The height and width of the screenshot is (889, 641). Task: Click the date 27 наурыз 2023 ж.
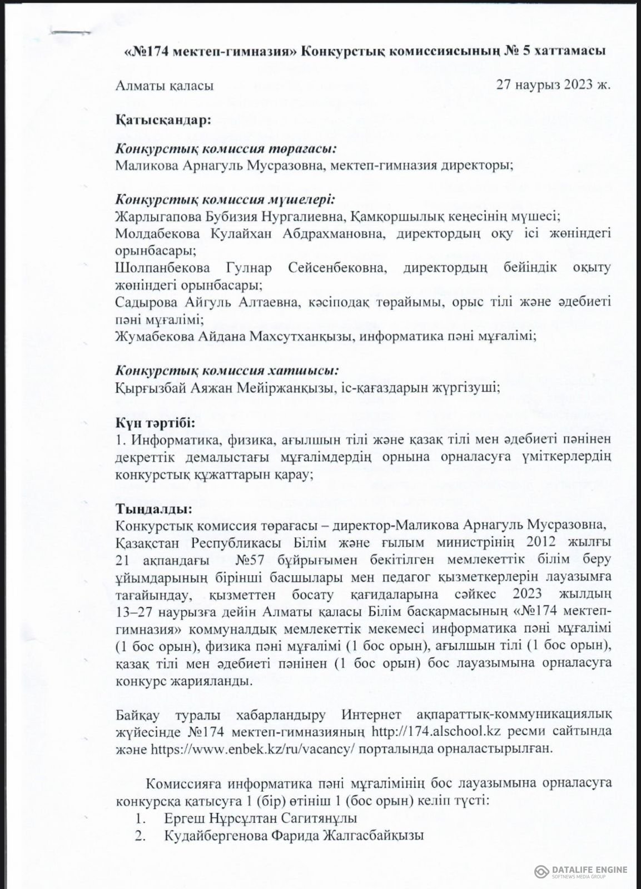pos(554,86)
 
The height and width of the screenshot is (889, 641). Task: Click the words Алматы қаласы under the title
pos(165,86)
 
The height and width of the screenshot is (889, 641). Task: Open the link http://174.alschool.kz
pos(429,729)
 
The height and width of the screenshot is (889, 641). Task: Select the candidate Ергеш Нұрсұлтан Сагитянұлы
pos(261,818)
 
